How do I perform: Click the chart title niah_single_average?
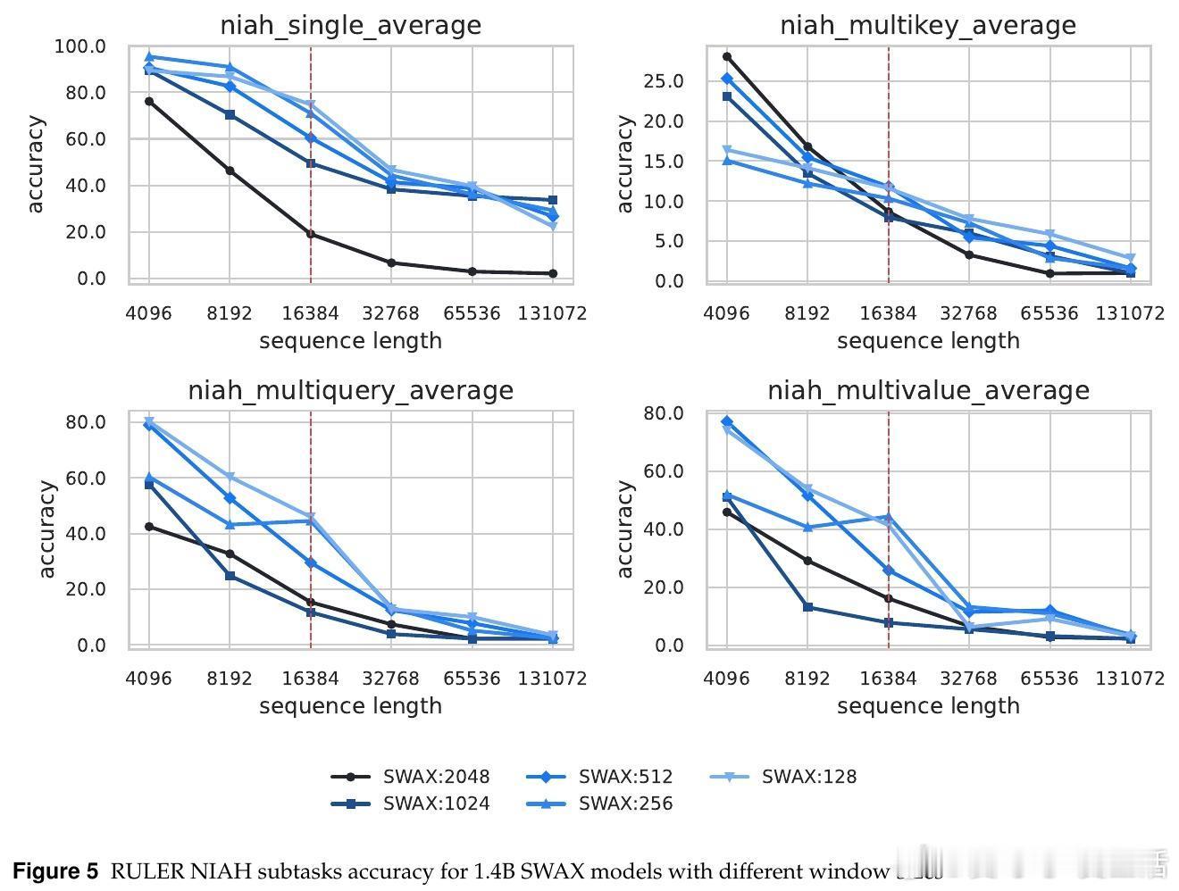coord(350,25)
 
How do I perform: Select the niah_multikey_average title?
coord(928,25)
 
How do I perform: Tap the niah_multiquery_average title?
coord(350,390)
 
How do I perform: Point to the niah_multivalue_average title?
coord(928,390)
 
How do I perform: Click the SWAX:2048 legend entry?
coord(411,777)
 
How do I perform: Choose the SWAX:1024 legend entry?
coord(411,804)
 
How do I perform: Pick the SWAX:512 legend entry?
coord(600,777)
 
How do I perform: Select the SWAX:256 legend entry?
coord(600,804)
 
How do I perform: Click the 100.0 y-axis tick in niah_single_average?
coord(79,46)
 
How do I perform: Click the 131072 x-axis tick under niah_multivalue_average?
coord(1130,679)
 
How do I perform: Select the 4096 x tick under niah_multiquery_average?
coord(148,679)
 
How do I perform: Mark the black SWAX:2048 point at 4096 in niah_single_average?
coord(149,101)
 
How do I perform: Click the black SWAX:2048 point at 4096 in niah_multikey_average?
coord(727,56)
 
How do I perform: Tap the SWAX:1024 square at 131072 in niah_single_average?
coord(553,200)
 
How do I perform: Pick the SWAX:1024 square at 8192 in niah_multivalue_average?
coord(807,607)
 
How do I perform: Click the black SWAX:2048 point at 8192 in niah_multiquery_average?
coord(230,554)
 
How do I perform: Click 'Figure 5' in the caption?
coord(55,871)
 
